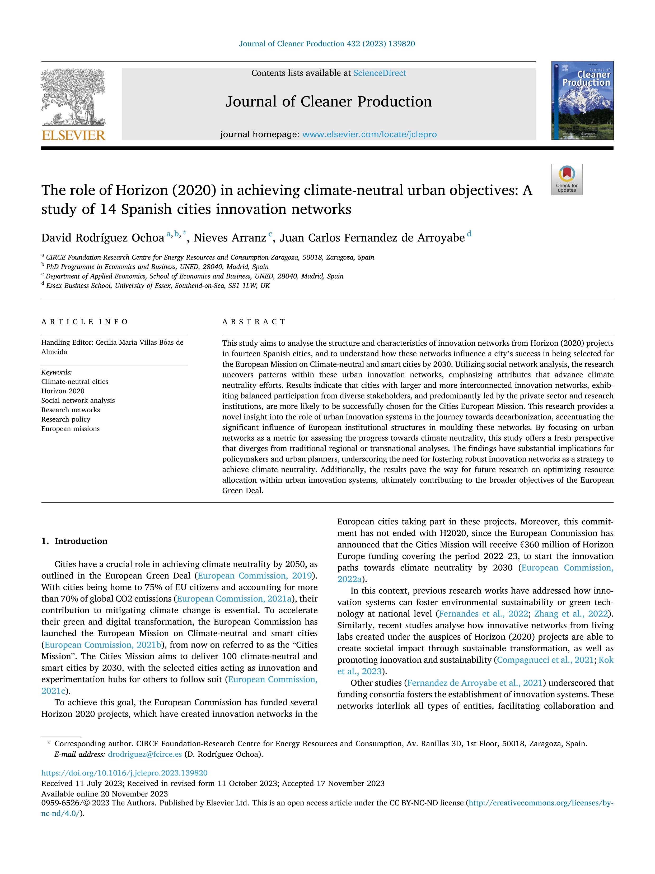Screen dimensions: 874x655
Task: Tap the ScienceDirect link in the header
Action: pos(380,73)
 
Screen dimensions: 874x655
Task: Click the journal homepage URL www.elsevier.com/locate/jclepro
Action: pos(369,134)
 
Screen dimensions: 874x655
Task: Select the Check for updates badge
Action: pos(567,179)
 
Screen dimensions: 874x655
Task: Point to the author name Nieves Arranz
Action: pos(230,238)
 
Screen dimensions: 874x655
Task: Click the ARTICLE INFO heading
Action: pos(85,322)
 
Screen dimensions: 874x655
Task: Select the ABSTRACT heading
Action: pos(254,322)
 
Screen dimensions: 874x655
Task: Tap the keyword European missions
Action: pos(70,429)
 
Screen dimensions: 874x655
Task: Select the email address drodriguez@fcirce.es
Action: pos(144,754)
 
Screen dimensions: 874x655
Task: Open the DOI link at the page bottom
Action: pos(124,773)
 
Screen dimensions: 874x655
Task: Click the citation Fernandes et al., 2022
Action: pos(483,614)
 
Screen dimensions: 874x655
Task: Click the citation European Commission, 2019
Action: pos(255,576)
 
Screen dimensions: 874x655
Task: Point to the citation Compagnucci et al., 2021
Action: pos(545,660)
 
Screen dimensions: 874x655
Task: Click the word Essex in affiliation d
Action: pos(54,286)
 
